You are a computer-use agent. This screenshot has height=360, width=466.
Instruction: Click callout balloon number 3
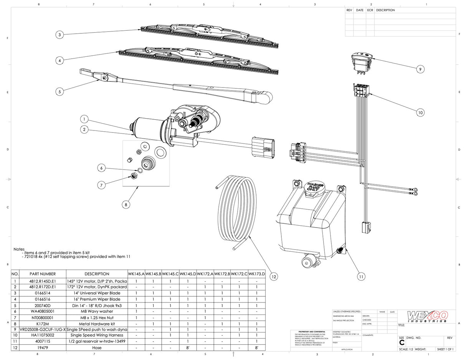[x=59, y=35]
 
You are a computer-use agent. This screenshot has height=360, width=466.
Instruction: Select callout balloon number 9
[x=420, y=69]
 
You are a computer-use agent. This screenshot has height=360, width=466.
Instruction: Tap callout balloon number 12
[x=274, y=276]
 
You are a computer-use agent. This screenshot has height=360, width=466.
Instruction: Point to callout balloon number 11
[x=361, y=276]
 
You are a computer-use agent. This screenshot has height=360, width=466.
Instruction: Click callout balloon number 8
[x=126, y=205]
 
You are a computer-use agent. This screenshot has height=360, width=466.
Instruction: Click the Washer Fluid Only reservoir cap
[x=314, y=189]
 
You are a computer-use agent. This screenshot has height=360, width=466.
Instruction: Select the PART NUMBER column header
[x=43, y=274]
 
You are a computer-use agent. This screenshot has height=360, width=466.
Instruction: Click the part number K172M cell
[x=43, y=324]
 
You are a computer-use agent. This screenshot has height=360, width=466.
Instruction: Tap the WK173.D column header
[x=257, y=274]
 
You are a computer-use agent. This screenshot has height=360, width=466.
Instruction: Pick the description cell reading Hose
[x=97, y=347]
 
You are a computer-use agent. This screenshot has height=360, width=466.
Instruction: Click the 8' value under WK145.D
[x=188, y=347]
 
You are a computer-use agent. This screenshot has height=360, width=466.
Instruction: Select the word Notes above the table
[x=19, y=249]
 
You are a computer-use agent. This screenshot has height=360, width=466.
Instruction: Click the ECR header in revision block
[x=370, y=10]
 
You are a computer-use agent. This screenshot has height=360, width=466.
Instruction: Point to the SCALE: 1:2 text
[x=406, y=349]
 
